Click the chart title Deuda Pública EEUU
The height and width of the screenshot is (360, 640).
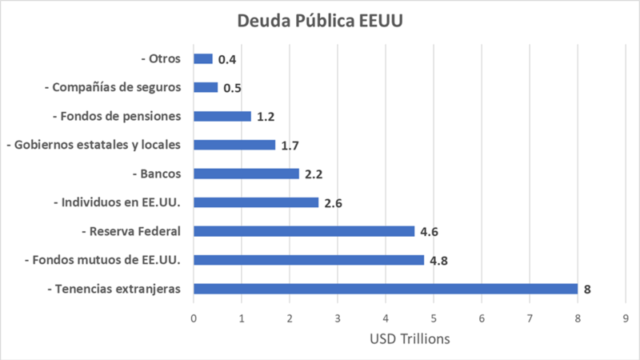coord(320,20)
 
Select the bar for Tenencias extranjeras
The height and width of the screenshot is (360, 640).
coord(386,289)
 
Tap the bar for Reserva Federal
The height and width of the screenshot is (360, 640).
coord(304,231)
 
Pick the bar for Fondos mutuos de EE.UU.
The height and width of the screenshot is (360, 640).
coord(309,260)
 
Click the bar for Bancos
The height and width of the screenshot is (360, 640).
coord(246,174)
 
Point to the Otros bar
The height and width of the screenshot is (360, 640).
coord(203,58)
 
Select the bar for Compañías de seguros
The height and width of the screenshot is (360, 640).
coord(206,87)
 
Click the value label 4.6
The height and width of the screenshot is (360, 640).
coord(428,232)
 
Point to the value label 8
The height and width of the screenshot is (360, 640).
coord(587,290)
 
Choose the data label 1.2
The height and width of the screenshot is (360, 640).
coord(266,117)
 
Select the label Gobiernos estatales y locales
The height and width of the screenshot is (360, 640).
coord(94,145)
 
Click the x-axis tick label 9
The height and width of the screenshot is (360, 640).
coord(626,318)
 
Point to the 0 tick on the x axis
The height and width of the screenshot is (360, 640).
coord(194,318)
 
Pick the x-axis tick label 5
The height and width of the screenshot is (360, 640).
coord(434,318)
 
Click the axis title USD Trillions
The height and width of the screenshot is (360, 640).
coord(410,339)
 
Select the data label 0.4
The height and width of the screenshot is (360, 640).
coord(228,59)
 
